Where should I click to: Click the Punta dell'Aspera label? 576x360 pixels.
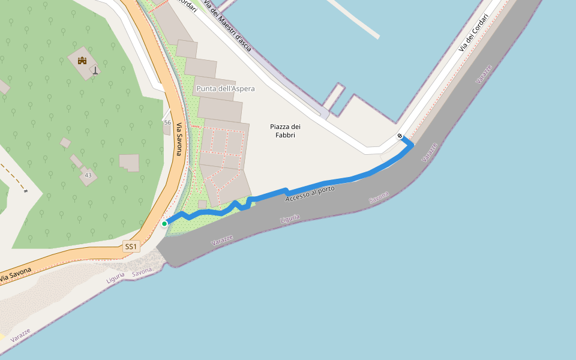[225, 89]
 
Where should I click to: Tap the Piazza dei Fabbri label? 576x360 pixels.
[285, 131]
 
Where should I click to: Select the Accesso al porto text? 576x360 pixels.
[310, 193]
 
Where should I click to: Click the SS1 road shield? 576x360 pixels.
[131, 246]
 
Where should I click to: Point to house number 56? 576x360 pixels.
[167, 122]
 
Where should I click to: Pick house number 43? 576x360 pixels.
[88, 175]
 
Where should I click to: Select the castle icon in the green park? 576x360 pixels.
[82, 61]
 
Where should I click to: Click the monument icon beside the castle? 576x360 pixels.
[95, 70]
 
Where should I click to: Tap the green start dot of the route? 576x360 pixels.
[164, 224]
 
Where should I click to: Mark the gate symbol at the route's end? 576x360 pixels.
[400, 136]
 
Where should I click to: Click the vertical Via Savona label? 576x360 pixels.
[179, 139]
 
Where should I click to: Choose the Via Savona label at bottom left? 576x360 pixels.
[14, 275]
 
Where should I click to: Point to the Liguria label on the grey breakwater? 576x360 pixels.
[290, 219]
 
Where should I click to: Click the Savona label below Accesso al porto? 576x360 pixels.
[378, 197]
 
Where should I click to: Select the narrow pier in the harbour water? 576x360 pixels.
[355, 19]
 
